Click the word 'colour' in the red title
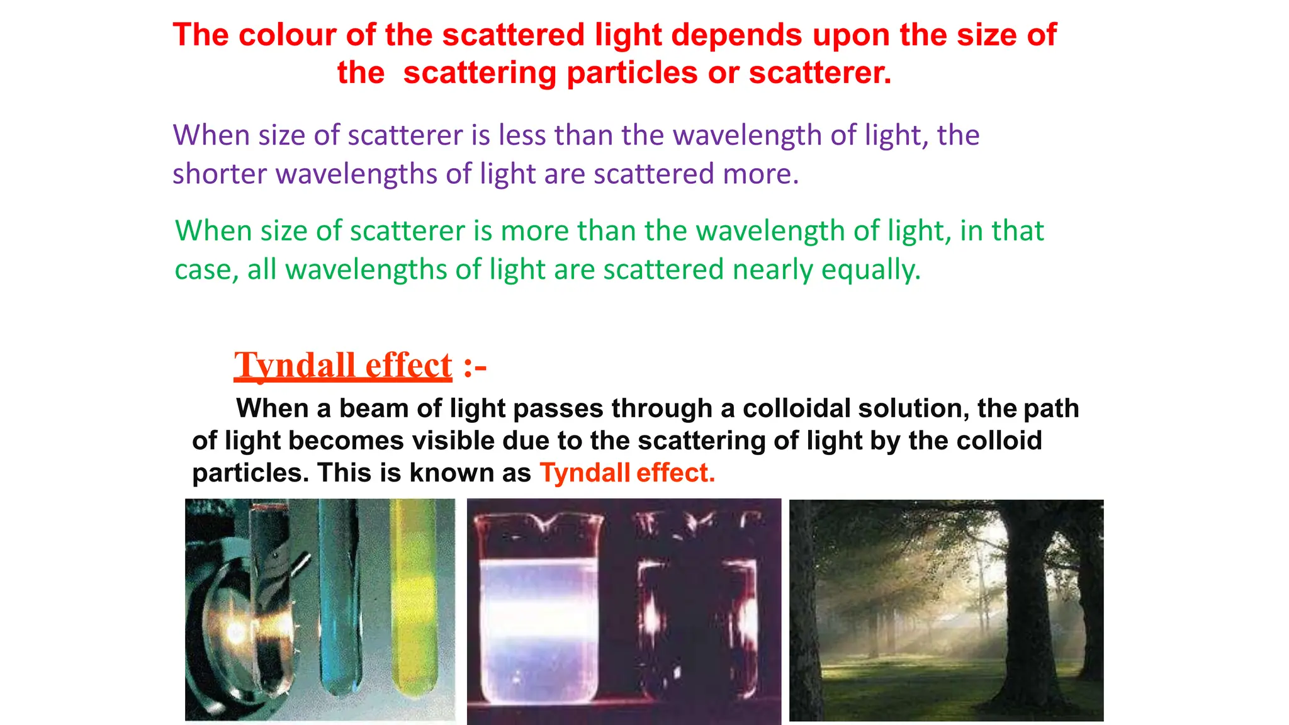coord(286,35)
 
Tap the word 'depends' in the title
coord(736,35)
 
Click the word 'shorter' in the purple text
coord(219,174)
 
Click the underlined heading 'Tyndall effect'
coord(343,365)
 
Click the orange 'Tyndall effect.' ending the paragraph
coord(628,473)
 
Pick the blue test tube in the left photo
coord(339,598)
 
